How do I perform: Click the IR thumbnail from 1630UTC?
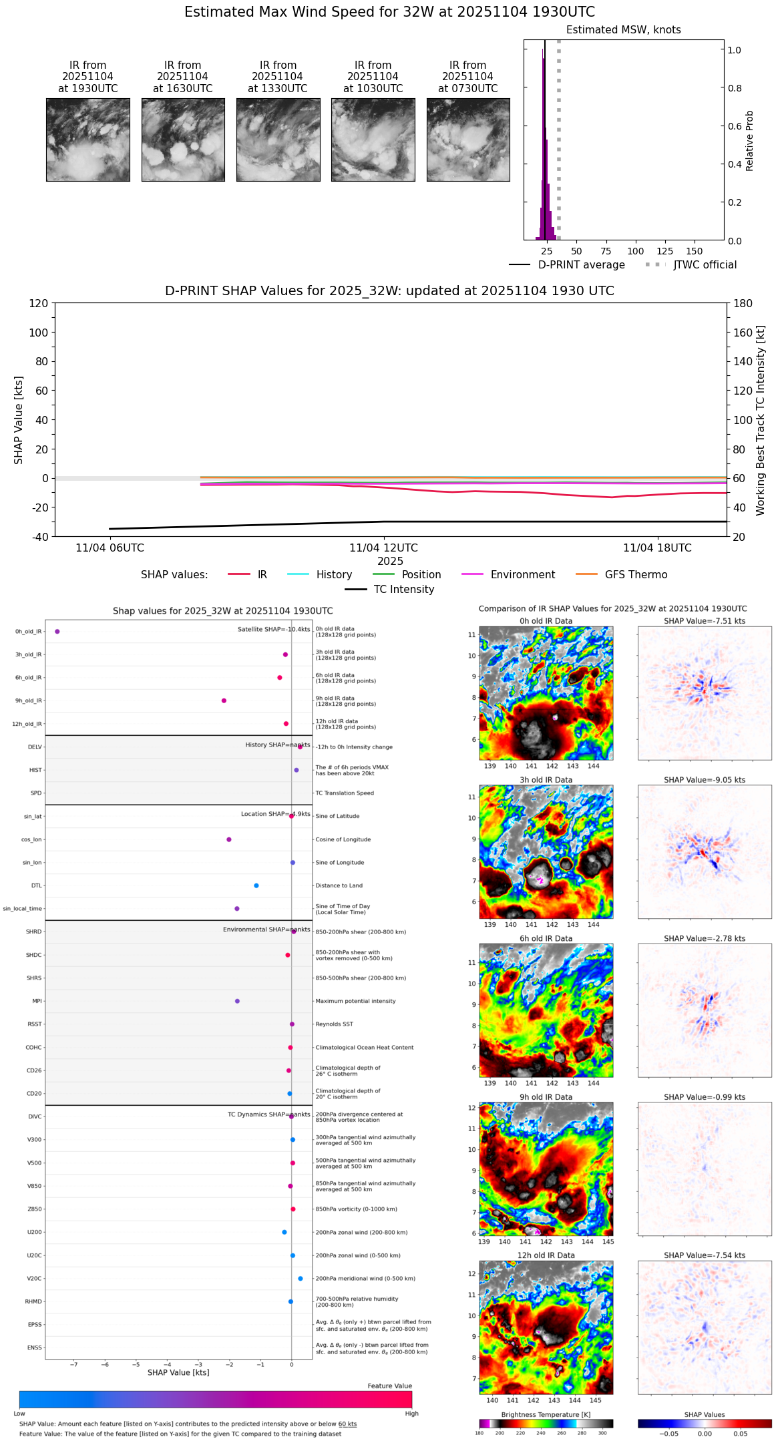183,140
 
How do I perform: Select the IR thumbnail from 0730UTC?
468,140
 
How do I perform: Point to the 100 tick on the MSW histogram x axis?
635,251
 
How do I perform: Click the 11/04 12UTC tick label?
383,548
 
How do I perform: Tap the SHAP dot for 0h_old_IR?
57,632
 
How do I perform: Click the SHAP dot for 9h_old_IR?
224,700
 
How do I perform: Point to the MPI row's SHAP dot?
237,1001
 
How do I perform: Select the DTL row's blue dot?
256,885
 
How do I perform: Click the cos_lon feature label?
33,839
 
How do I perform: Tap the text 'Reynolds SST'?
334,1024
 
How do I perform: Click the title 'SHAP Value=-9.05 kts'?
705,780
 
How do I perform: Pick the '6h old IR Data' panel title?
546,938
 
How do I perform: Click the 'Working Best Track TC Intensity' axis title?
761,421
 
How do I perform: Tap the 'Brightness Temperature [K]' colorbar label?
546,1415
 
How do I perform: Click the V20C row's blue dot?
301,1279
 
